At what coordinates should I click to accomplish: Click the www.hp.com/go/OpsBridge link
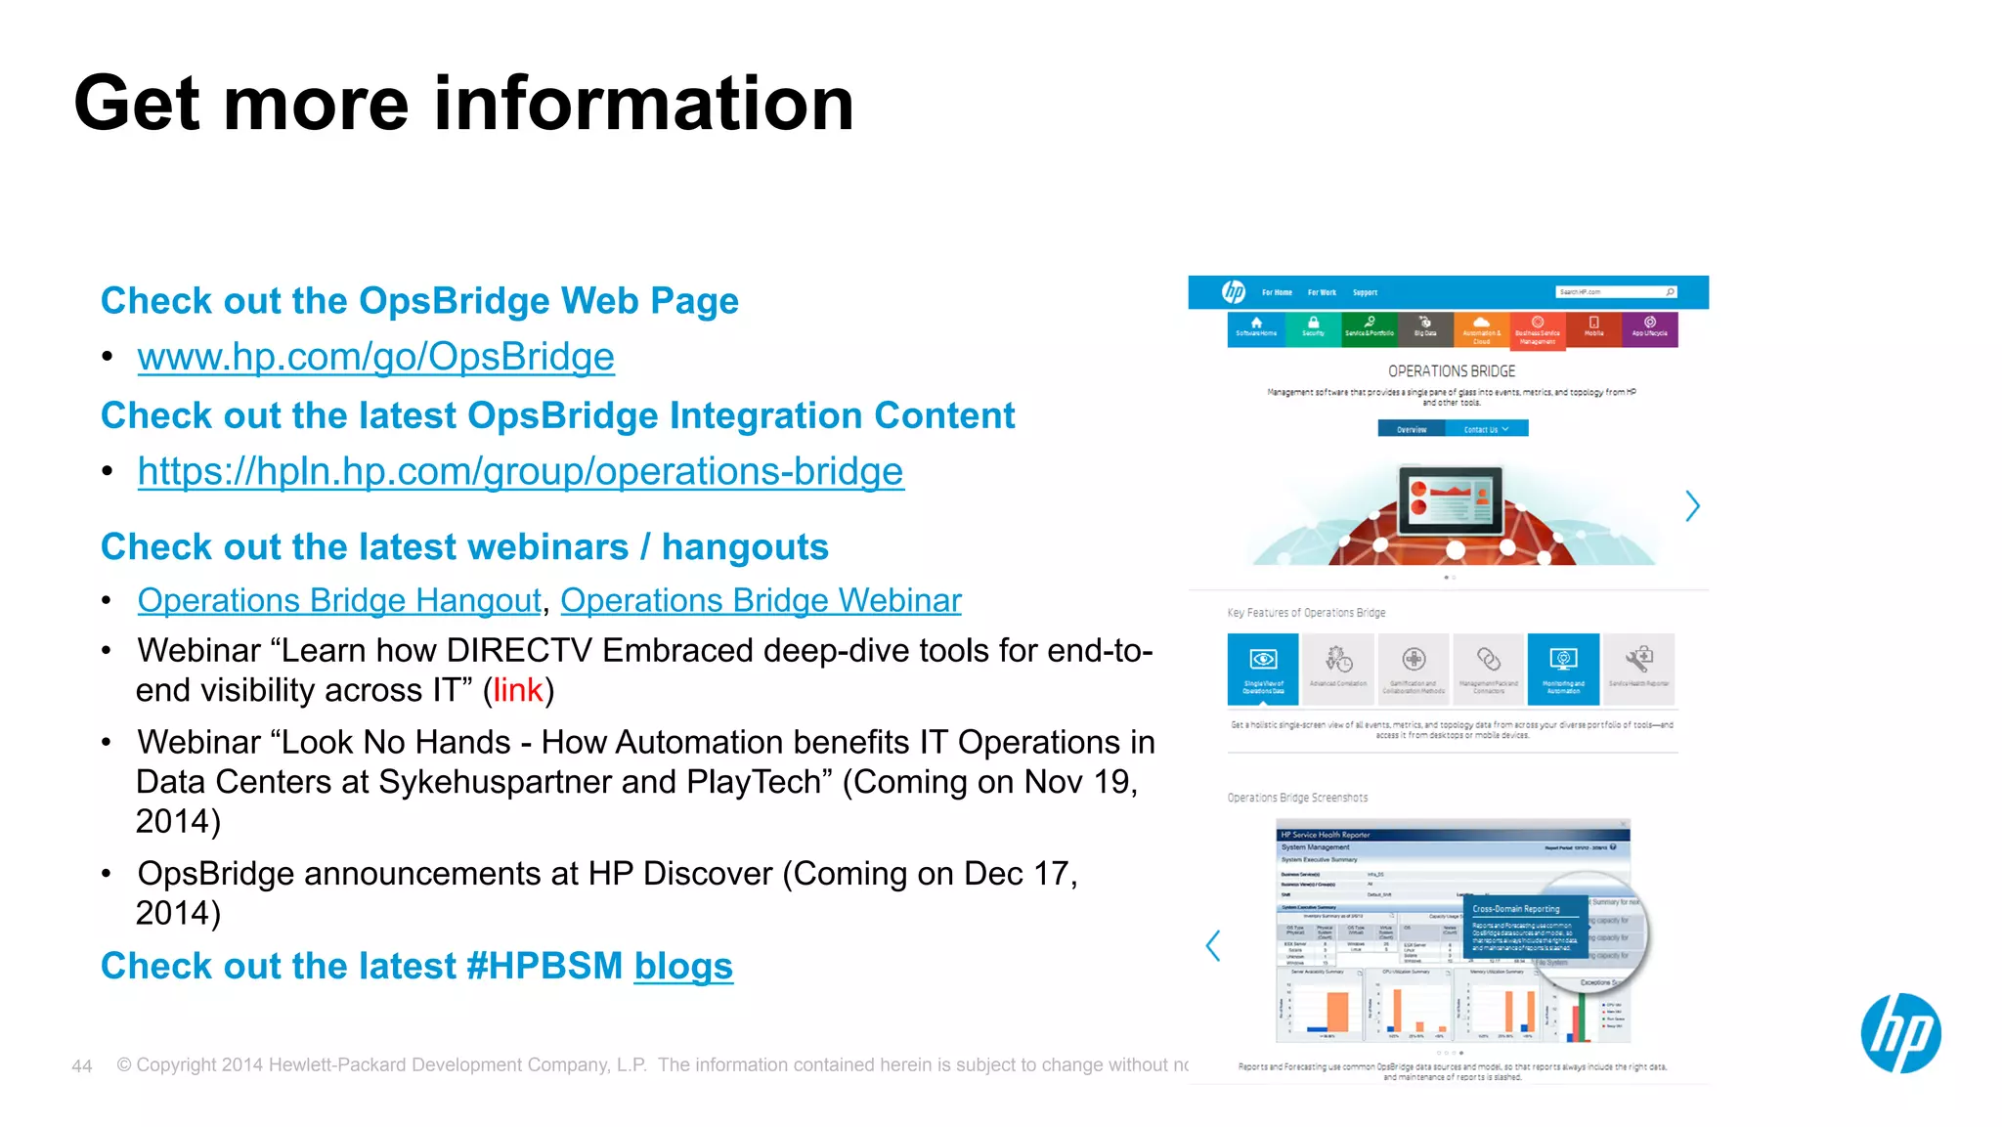pos(375,357)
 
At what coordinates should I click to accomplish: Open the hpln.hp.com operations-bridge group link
pos(520,471)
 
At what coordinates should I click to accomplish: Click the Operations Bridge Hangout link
pos(339,600)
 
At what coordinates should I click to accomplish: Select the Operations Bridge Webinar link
pos(761,600)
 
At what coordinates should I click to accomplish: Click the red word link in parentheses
pos(517,690)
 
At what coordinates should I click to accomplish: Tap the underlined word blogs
pos(682,966)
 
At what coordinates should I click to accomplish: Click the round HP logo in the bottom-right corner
pos(1899,1033)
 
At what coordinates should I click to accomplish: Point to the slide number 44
pos(82,1066)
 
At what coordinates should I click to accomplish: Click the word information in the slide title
pos(643,104)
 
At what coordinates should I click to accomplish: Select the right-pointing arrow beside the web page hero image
pos(1692,505)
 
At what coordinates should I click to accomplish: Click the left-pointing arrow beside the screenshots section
pos(1213,945)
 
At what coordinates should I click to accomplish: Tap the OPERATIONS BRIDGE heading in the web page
pos(1451,371)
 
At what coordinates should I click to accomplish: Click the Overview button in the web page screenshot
pos(1411,429)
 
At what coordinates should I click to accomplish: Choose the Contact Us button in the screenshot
pos(1486,429)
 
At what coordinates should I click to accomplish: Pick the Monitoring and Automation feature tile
pos(1563,670)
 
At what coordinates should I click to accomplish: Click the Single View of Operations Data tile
pos(1263,670)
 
